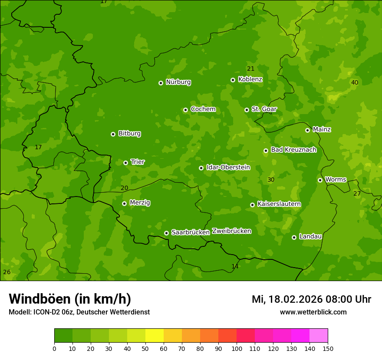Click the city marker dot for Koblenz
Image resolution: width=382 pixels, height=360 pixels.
(233, 80)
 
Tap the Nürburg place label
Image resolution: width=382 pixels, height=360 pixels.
(178, 82)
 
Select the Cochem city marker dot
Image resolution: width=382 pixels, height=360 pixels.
(185, 110)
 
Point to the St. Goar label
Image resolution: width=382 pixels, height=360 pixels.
(264, 109)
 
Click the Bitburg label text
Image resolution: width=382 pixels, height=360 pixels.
(129, 134)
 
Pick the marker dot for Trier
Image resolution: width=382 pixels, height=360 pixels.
(125, 163)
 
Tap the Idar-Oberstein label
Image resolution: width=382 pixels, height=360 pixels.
(228, 167)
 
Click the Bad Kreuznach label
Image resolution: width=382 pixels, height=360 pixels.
(293, 150)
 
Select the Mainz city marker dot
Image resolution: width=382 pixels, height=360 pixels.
(307, 130)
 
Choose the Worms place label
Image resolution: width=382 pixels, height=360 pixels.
(336, 179)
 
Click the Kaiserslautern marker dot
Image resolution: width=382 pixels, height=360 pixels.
(252, 205)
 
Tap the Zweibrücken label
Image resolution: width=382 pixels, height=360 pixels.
(231, 231)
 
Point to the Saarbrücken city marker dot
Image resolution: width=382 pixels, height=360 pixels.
(166, 233)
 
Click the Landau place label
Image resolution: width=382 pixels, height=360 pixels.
(310, 236)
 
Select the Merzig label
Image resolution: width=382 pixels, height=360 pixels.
(140, 203)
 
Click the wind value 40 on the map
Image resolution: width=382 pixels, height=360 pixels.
(355, 82)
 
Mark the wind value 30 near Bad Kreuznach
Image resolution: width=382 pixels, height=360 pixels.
(271, 180)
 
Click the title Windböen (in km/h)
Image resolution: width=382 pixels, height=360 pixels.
(70, 299)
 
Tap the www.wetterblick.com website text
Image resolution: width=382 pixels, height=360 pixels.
(313, 312)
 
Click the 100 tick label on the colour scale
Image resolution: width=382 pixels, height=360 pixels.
(237, 349)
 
